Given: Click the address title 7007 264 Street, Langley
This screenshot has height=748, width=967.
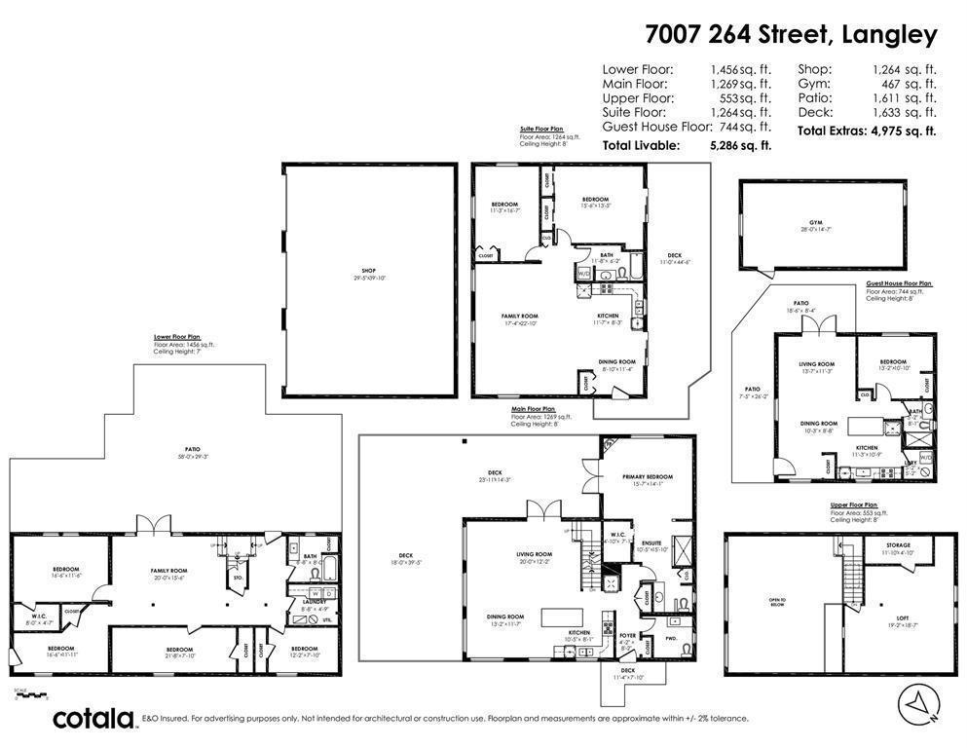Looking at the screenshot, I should click(x=791, y=35).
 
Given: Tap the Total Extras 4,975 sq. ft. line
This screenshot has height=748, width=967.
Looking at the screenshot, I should click(x=867, y=131).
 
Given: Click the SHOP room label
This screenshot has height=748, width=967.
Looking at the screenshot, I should click(x=368, y=274).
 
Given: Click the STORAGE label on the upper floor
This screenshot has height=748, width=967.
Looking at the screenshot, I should click(x=897, y=548).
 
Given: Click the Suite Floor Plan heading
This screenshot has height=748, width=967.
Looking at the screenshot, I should click(x=542, y=129).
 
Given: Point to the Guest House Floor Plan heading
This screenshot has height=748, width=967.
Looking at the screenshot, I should click(x=898, y=283).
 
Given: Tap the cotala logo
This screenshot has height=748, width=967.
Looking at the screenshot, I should click(x=93, y=719).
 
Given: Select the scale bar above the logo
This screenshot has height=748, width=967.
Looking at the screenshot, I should click(x=31, y=696).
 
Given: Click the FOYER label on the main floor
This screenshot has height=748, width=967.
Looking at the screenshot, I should click(x=627, y=635).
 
